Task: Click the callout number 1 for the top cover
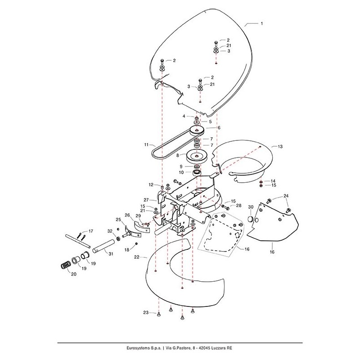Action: coord(262,22)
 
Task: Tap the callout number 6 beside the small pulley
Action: coord(219,128)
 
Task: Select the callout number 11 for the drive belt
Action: coord(146,144)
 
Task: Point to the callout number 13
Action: coord(280,147)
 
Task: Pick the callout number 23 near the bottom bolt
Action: coord(145,312)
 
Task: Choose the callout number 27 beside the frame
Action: coord(146,199)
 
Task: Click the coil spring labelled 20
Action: coord(66,265)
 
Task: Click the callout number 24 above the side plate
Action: coord(286,196)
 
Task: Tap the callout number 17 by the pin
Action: coord(90,231)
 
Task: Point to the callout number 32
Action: coord(110,231)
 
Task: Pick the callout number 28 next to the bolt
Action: coord(233,206)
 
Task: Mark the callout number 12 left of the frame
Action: coord(152,184)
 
